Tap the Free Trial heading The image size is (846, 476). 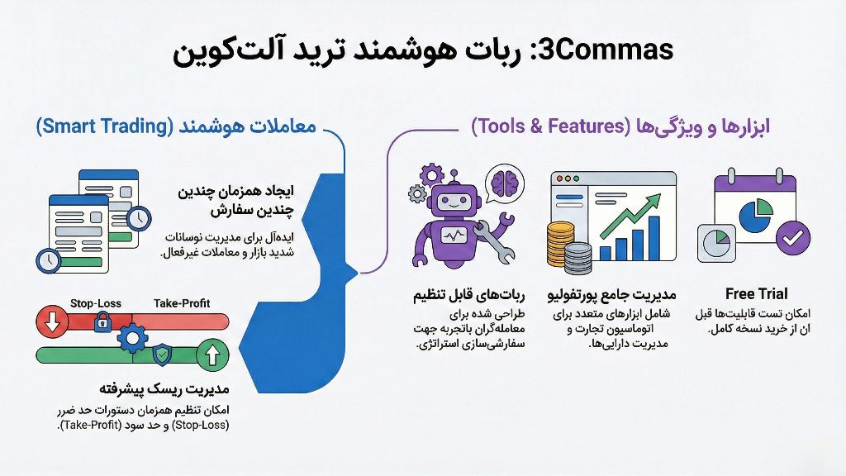[x=756, y=293]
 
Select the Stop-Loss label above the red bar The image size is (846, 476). [x=96, y=303]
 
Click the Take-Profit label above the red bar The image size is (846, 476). [x=182, y=303]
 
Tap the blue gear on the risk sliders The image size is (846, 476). [x=132, y=338]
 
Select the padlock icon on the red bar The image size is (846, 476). [x=102, y=321]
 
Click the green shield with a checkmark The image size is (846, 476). [x=164, y=356]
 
